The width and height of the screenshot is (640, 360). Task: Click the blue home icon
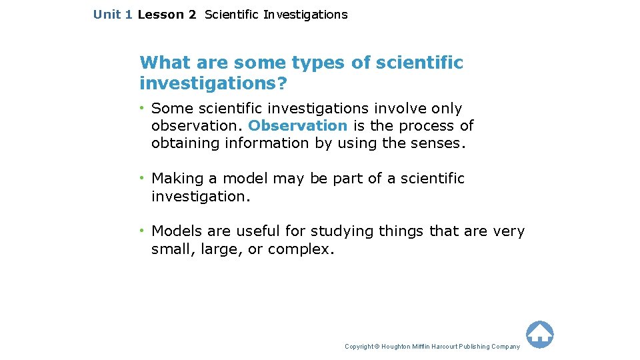(539, 334)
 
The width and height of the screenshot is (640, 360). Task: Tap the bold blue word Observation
(297, 125)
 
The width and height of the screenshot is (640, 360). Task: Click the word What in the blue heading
(161, 63)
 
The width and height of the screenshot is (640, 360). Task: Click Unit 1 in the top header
(113, 14)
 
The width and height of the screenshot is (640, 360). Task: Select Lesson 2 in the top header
(167, 14)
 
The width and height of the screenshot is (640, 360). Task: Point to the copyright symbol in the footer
(377, 347)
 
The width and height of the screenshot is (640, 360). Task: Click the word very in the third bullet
(509, 231)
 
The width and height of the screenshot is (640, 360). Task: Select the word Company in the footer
(506, 347)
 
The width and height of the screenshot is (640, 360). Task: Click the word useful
(257, 231)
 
